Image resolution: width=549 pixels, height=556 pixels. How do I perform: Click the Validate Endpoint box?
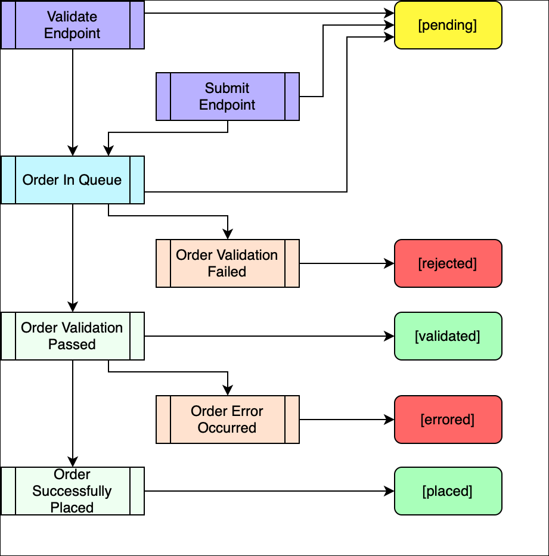tap(72, 25)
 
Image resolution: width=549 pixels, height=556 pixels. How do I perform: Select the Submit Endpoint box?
tap(227, 97)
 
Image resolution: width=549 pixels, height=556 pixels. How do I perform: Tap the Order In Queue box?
tap(72, 180)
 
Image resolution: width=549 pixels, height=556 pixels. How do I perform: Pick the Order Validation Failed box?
tap(227, 263)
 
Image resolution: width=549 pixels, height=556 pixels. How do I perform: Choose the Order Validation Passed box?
tap(72, 336)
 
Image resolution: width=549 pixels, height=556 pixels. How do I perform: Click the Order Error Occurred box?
tap(227, 420)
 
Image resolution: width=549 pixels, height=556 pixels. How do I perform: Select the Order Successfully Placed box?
tap(72, 491)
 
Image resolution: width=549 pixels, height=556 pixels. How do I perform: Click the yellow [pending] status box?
tap(448, 25)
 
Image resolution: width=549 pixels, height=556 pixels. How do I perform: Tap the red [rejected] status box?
tap(448, 263)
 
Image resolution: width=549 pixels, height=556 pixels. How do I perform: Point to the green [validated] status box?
tap(448, 336)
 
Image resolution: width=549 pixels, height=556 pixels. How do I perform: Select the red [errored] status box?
tap(448, 420)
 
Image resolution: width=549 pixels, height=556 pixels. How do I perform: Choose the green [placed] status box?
tap(448, 491)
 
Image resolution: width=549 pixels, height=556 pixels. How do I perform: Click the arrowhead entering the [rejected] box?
tap(390, 263)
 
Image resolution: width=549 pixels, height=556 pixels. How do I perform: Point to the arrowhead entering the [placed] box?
tap(390, 491)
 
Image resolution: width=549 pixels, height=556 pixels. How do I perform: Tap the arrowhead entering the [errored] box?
tap(390, 420)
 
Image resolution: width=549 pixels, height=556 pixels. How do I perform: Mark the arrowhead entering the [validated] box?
tap(390, 336)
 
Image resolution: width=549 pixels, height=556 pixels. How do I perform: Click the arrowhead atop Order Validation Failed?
tap(227, 235)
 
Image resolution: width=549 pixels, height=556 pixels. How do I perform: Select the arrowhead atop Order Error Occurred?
tap(227, 391)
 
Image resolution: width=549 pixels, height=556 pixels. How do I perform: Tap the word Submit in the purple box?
tap(227, 88)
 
